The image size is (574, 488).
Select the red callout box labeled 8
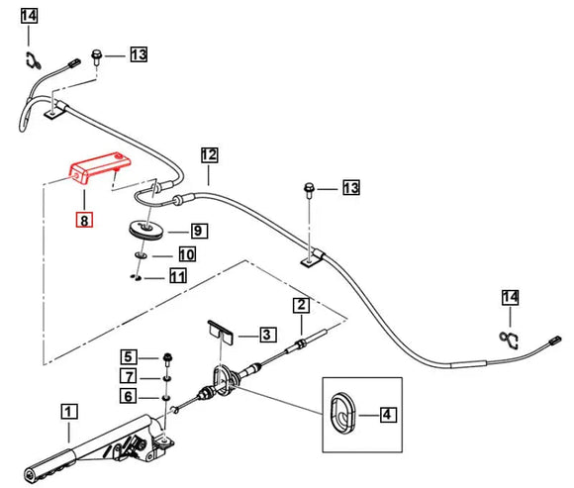[x=84, y=221]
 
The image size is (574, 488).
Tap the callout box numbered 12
[x=209, y=154]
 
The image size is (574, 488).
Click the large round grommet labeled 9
[x=147, y=231]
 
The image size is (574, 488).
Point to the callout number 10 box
[x=187, y=254]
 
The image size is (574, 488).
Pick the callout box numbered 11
[x=178, y=275]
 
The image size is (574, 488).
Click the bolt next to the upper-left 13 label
[x=96, y=57]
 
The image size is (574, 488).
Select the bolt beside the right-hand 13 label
[x=310, y=190]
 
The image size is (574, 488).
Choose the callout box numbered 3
[x=268, y=334]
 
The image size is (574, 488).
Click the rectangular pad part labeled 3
[x=221, y=332]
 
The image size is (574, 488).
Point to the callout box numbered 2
[x=301, y=305]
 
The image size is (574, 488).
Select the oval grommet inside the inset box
[x=342, y=414]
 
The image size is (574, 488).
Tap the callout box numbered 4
[x=387, y=415]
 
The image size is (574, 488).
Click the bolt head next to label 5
[x=167, y=356]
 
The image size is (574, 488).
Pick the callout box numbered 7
[x=129, y=376]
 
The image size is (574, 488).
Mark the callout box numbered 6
[x=129, y=396]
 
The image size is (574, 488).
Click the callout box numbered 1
[x=69, y=412]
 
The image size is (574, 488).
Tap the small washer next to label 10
[x=141, y=255]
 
